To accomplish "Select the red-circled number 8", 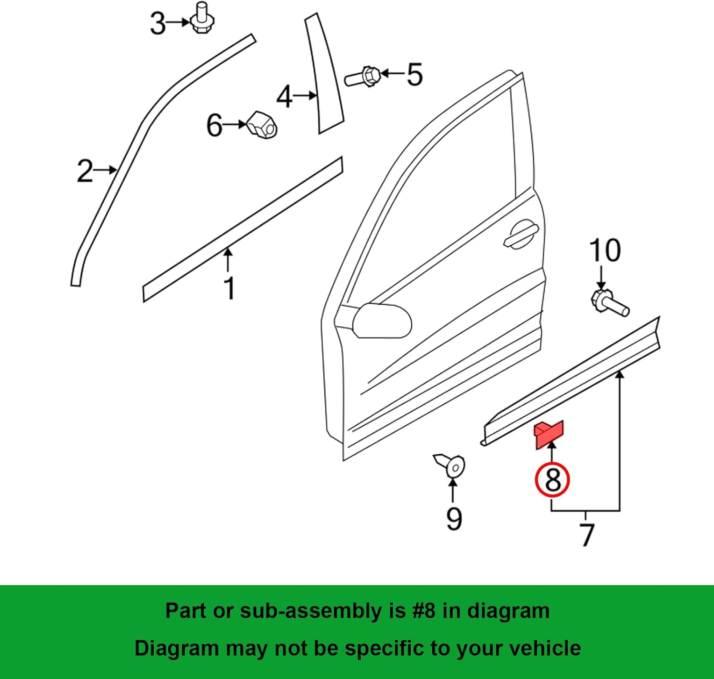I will click(x=552, y=479).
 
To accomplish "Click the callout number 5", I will click(x=414, y=75).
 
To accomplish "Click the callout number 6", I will click(x=214, y=126).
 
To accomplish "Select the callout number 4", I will click(x=284, y=97).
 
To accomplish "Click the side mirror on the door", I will click(x=382, y=320).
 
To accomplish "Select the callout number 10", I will click(x=605, y=250).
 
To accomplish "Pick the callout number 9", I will click(x=454, y=518).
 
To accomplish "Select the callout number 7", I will click(x=587, y=535).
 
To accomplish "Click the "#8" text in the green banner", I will click(x=424, y=611).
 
